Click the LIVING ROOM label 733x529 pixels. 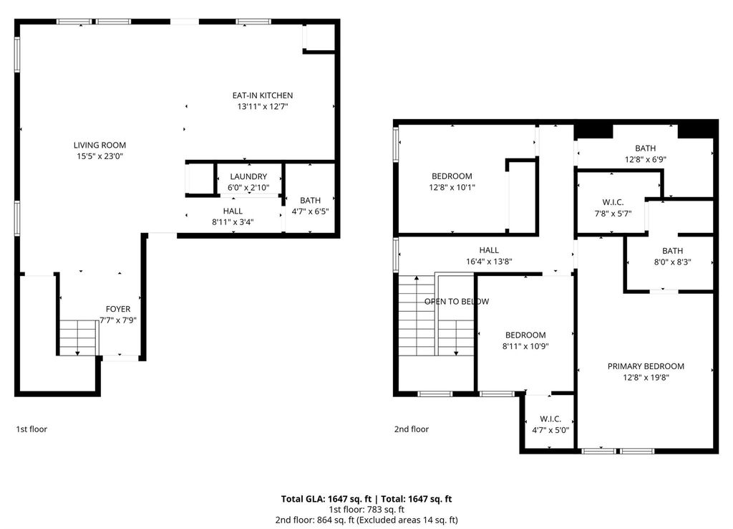click(x=99, y=145)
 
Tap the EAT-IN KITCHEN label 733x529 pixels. click(x=263, y=95)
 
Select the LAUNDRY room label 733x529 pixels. click(x=248, y=176)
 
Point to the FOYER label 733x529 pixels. click(x=118, y=309)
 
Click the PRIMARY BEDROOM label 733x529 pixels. click(x=646, y=366)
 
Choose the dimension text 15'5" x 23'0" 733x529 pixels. click(x=99, y=156)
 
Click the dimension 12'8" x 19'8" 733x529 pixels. click(x=646, y=377)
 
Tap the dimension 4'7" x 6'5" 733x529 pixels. click(x=310, y=211)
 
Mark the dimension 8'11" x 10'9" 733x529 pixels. click(x=525, y=346)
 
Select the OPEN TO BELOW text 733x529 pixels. click(x=457, y=302)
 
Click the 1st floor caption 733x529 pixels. click(x=31, y=429)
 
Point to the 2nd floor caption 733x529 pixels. click(x=412, y=429)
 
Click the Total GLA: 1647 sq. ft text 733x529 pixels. click(x=326, y=499)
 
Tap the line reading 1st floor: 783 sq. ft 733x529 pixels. click(x=366, y=510)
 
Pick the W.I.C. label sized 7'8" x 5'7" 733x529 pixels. click(x=613, y=202)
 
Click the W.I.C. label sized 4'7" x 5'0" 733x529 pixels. click(x=550, y=419)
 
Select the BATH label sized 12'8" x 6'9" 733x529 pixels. click(x=645, y=148)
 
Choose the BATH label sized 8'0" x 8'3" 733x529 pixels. click(x=672, y=251)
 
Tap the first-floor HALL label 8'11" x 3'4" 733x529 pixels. click(x=233, y=211)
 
